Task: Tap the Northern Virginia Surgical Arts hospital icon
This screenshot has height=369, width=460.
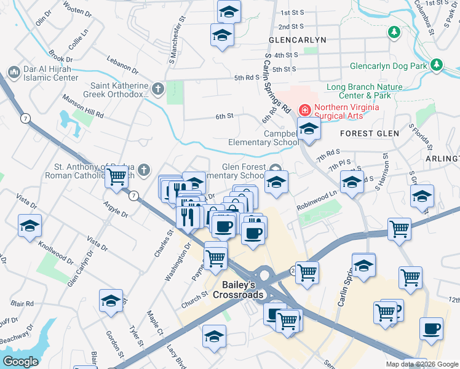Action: pos(304,110)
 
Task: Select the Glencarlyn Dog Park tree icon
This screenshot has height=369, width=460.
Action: pos(437,64)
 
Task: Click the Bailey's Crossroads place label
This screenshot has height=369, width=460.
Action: pos(242,290)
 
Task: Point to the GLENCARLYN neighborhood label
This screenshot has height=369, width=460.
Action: pos(297,39)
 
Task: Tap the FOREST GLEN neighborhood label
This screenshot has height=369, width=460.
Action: pos(370,133)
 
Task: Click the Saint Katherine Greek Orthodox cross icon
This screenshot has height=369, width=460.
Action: pos(158,90)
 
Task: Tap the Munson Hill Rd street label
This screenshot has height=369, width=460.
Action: pos(82,105)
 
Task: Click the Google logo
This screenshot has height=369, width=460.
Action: pos(20,362)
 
